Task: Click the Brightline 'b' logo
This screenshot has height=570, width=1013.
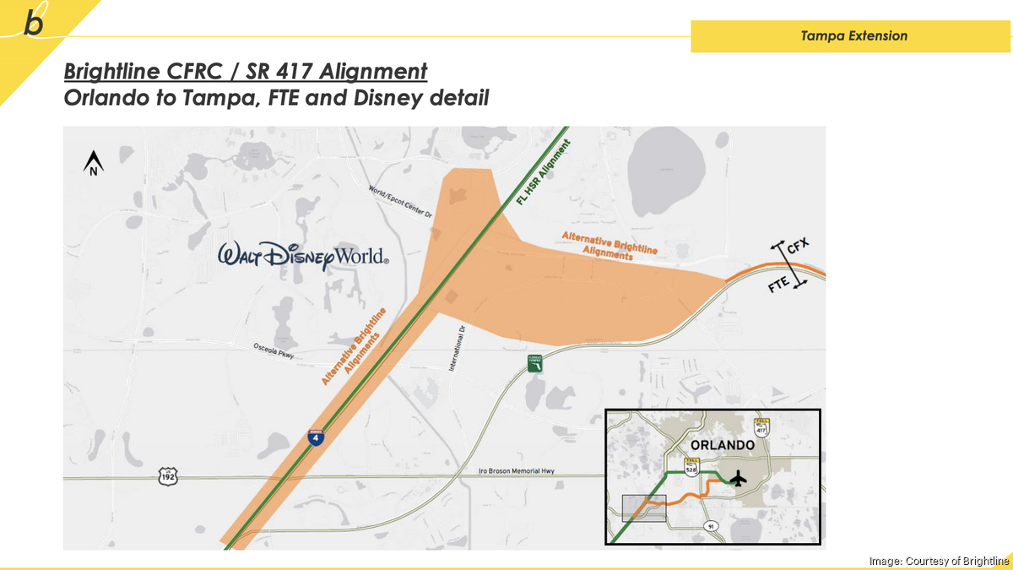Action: pyautogui.click(x=34, y=22)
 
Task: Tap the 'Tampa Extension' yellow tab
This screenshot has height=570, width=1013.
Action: pyautogui.click(x=854, y=35)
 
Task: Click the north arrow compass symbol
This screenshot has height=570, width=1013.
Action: pyautogui.click(x=92, y=162)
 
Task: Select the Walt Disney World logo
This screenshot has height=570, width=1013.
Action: pyautogui.click(x=303, y=255)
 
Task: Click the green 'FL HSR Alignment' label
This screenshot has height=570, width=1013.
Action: pyautogui.click(x=544, y=173)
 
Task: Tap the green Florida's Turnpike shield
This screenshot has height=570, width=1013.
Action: pyautogui.click(x=534, y=362)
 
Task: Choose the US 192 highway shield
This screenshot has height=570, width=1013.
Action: pyautogui.click(x=168, y=477)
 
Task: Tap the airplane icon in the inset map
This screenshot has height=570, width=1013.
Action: pyautogui.click(x=739, y=480)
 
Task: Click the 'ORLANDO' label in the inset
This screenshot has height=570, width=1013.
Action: pyautogui.click(x=722, y=445)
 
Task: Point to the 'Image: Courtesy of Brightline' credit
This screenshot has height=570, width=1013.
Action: pyautogui.click(x=939, y=561)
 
